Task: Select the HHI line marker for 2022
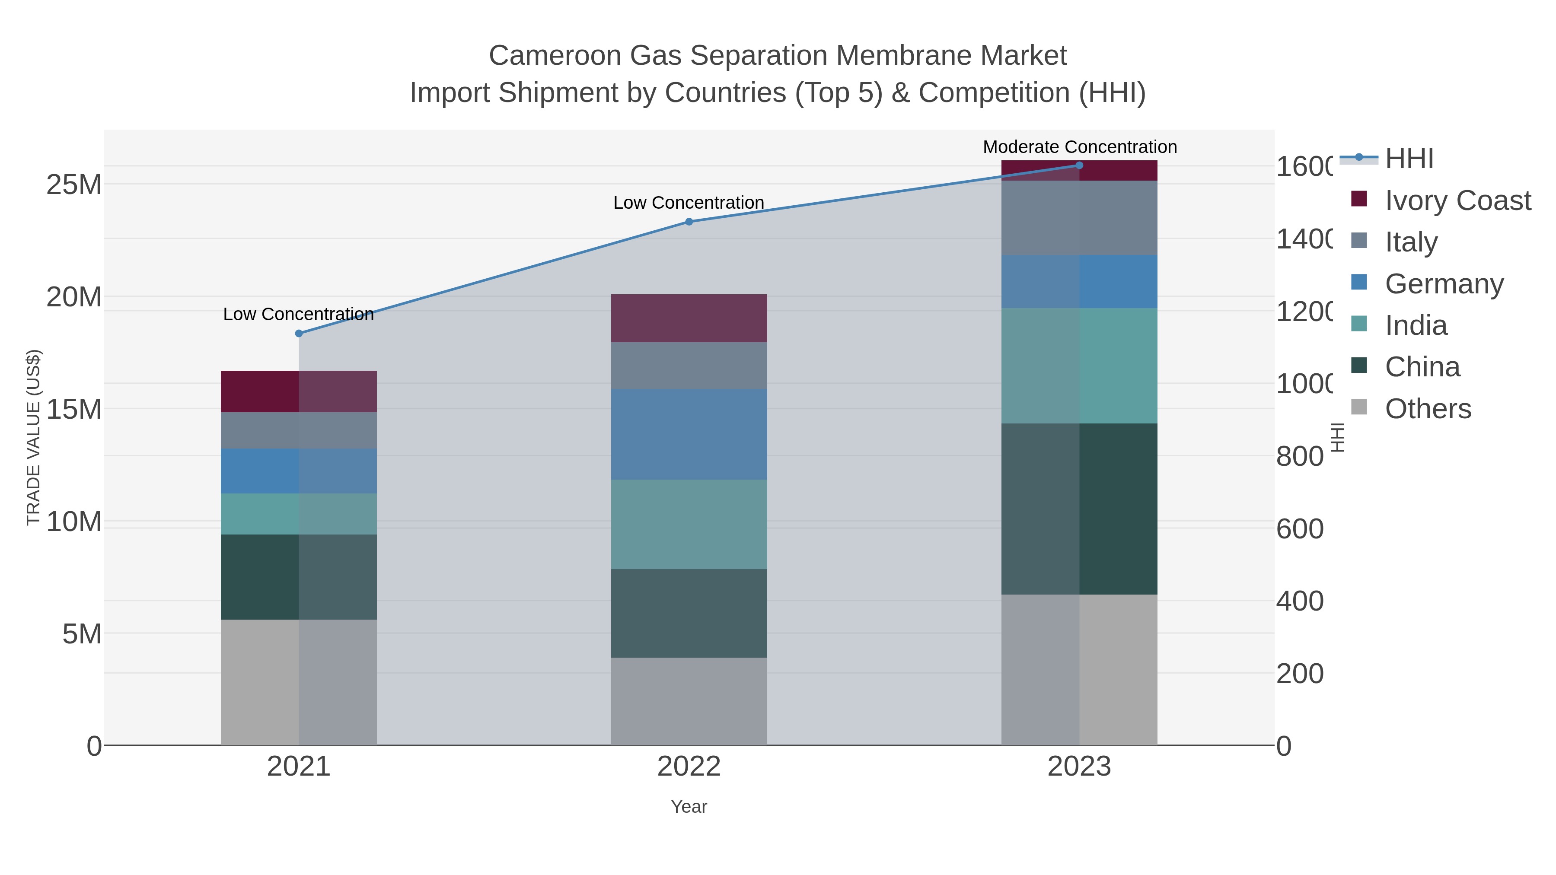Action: [x=689, y=222]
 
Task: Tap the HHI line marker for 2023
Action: [x=1079, y=165]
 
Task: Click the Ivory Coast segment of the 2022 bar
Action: [x=689, y=318]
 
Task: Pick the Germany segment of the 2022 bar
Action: [x=689, y=434]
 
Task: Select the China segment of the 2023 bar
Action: [x=1079, y=509]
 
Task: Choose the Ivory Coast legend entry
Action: [x=1457, y=200]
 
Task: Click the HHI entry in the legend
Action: [x=1409, y=159]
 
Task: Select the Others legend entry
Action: [x=1428, y=409]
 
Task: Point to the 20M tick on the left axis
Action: [x=73, y=297]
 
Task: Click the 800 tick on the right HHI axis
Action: [x=1300, y=457]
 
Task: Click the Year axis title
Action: [x=689, y=807]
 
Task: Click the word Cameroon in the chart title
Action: [x=555, y=56]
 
